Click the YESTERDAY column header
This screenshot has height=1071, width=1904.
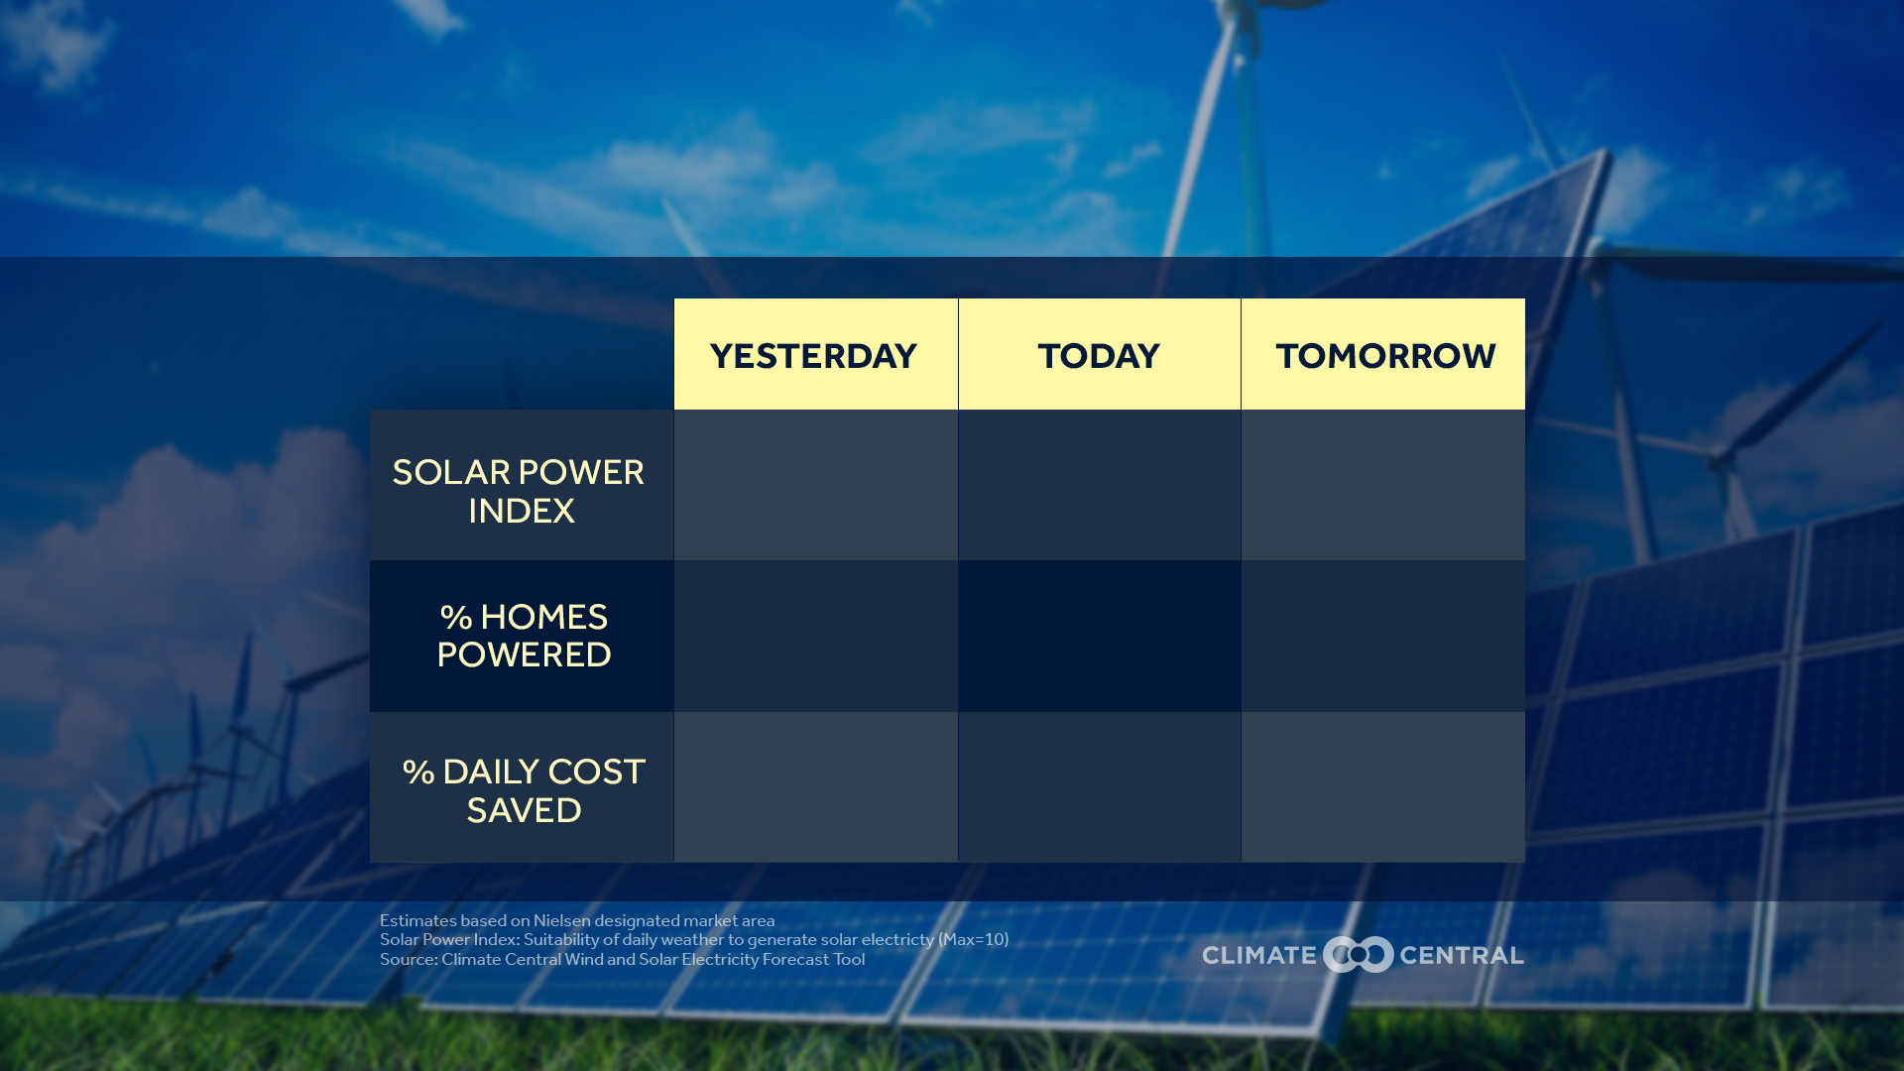click(x=814, y=355)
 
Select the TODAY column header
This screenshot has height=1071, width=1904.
click(x=1099, y=355)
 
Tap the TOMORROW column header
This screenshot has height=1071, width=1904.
click(x=1384, y=355)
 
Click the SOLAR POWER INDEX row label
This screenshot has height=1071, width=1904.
click(x=520, y=491)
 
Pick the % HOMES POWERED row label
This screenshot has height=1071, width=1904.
click(x=524, y=636)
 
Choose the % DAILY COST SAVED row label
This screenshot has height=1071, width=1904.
click(x=524, y=790)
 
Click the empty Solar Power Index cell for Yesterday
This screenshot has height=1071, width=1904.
click(x=815, y=485)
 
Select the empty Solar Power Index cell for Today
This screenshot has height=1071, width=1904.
click(x=1099, y=485)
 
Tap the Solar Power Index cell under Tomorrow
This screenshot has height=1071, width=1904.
click(x=1383, y=485)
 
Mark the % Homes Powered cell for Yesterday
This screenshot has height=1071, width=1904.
click(x=815, y=636)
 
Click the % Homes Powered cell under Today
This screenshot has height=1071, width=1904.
click(x=1099, y=636)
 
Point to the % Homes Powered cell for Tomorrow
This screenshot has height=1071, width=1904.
click(x=1383, y=636)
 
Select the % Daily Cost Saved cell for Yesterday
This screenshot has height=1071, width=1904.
click(x=815, y=786)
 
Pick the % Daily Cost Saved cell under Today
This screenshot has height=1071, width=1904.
click(x=1099, y=786)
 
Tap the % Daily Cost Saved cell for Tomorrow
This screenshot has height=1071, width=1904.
click(x=1383, y=786)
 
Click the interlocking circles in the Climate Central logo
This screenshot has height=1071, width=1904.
click(x=1358, y=955)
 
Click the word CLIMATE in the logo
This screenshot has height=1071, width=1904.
click(x=1258, y=955)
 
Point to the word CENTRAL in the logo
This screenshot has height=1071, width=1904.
click(x=1461, y=955)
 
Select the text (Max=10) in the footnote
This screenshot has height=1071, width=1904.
click(x=973, y=939)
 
